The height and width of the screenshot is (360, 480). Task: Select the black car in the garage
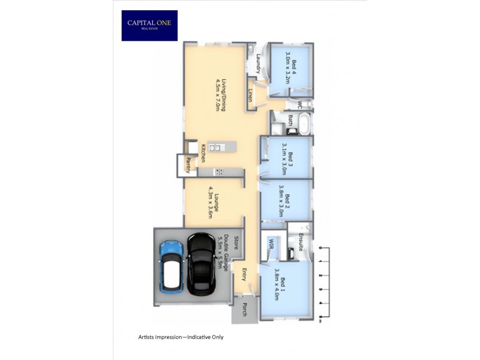tap(201, 264)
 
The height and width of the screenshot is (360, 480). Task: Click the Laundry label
tap(258, 64)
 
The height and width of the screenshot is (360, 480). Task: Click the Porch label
tap(244, 310)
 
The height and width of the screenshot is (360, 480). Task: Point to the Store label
tap(236, 243)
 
